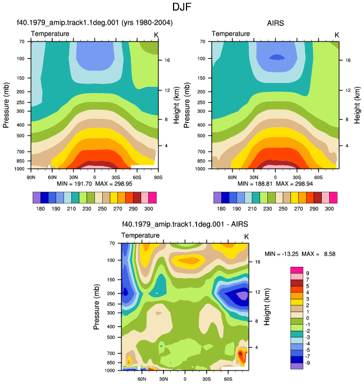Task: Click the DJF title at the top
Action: pos(181,7)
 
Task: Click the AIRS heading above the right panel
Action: pos(275,23)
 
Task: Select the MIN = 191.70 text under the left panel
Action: pos(74,184)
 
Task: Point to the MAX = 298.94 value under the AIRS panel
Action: pos(294,184)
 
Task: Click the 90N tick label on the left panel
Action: pos(31,177)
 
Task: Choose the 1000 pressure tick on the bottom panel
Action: pos(110,371)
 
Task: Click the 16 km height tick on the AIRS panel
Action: pos(348,60)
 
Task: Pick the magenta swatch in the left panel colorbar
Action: pos(152,198)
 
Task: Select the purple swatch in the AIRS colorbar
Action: pos(217,198)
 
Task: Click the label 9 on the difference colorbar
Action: pos(308,274)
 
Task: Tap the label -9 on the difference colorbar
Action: pos(307,363)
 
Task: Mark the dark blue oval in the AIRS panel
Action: pos(277,57)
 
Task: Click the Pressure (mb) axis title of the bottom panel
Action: pos(97,307)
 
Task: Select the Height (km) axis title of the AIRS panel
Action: pos(357,105)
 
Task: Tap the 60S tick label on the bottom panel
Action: pos(228,379)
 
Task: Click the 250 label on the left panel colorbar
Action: pos(102,209)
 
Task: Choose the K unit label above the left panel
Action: pos(156,35)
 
